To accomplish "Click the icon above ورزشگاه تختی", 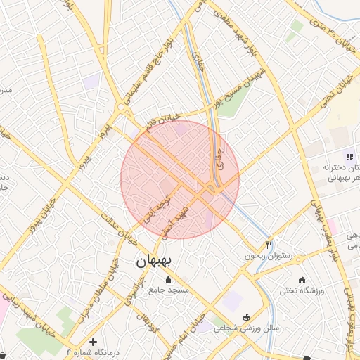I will (x=302, y=279).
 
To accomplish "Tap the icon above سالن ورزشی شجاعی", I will (x=245, y=316).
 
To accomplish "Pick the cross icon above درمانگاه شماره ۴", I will (x=93, y=341).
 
